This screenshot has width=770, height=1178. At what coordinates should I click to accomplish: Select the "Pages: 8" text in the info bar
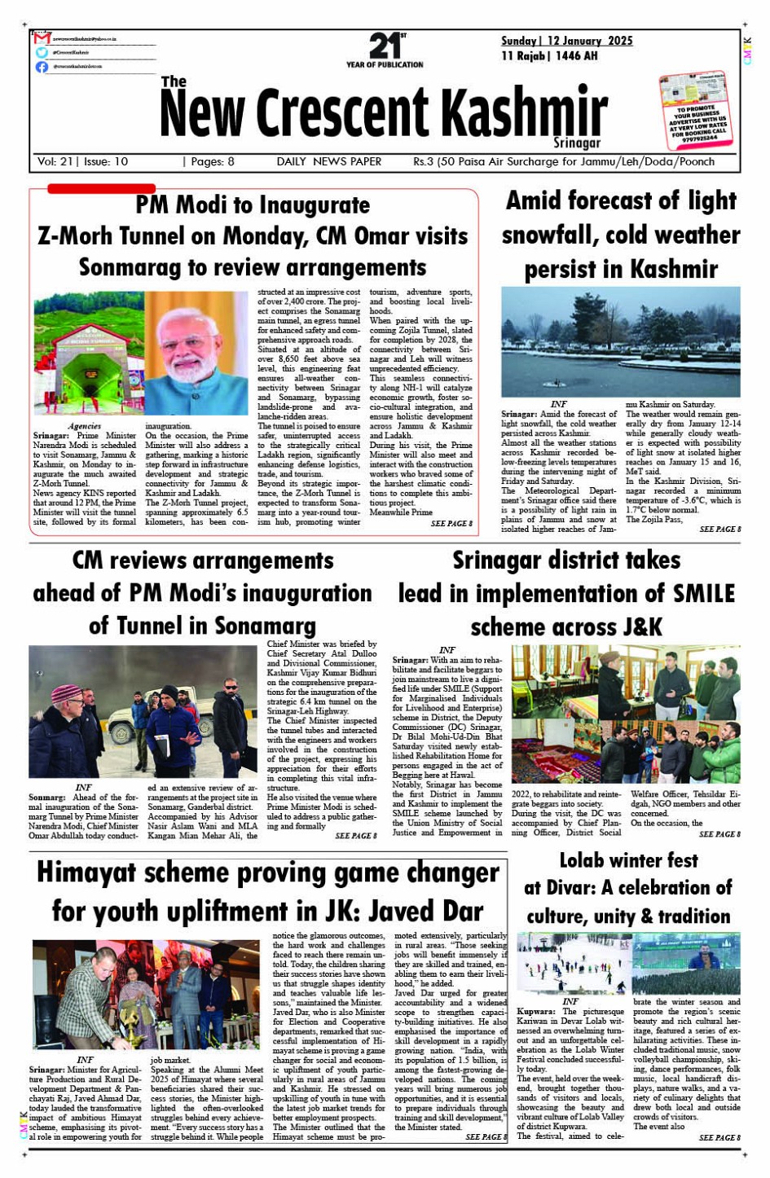click(209, 161)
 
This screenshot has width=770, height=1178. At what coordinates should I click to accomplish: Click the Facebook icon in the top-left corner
click(42, 67)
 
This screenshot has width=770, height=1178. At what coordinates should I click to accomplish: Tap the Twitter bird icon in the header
click(42, 52)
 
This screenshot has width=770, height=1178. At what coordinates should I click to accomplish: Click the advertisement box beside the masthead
click(693, 110)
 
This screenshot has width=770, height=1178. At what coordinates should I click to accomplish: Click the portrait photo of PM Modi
click(196, 354)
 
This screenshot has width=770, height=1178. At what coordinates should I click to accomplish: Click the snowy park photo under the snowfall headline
click(620, 341)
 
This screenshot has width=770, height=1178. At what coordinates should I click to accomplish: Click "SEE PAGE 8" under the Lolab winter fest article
click(719, 1137)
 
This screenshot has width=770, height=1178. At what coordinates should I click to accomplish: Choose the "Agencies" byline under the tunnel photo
click(85, 426)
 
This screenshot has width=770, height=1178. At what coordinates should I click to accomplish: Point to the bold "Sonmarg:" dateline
click(47, 798)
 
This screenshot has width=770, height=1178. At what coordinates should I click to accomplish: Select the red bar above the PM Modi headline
click(101, 189)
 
